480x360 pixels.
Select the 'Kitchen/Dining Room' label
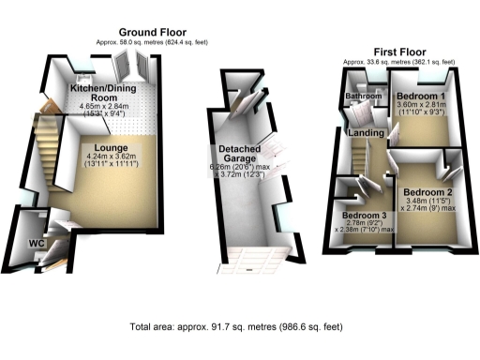point(107,93)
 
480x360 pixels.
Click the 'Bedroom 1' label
point(422,97)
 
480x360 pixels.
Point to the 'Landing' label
point(366,135)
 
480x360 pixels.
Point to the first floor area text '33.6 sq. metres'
point(398,62)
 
